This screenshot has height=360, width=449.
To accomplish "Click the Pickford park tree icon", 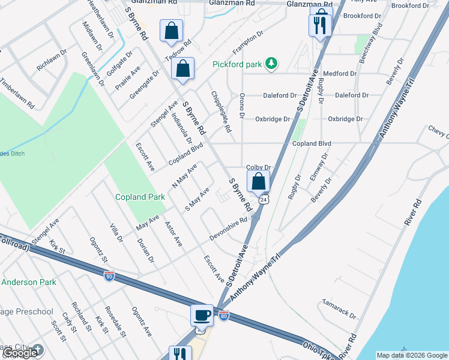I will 272,63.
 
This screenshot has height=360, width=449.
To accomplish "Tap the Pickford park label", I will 239,64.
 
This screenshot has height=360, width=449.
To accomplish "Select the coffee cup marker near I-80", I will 201,315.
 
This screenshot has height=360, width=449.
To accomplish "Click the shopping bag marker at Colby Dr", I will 258,181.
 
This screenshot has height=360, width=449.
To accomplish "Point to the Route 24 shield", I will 263,200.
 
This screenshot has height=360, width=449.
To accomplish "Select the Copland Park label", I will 140,197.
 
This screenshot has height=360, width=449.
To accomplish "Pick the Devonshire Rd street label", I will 229,230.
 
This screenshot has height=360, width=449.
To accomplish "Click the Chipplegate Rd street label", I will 220,112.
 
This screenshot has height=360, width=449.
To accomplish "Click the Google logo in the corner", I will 20,353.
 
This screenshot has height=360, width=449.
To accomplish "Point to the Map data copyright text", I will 412,355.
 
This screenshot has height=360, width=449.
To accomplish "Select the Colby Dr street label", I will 259,168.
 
